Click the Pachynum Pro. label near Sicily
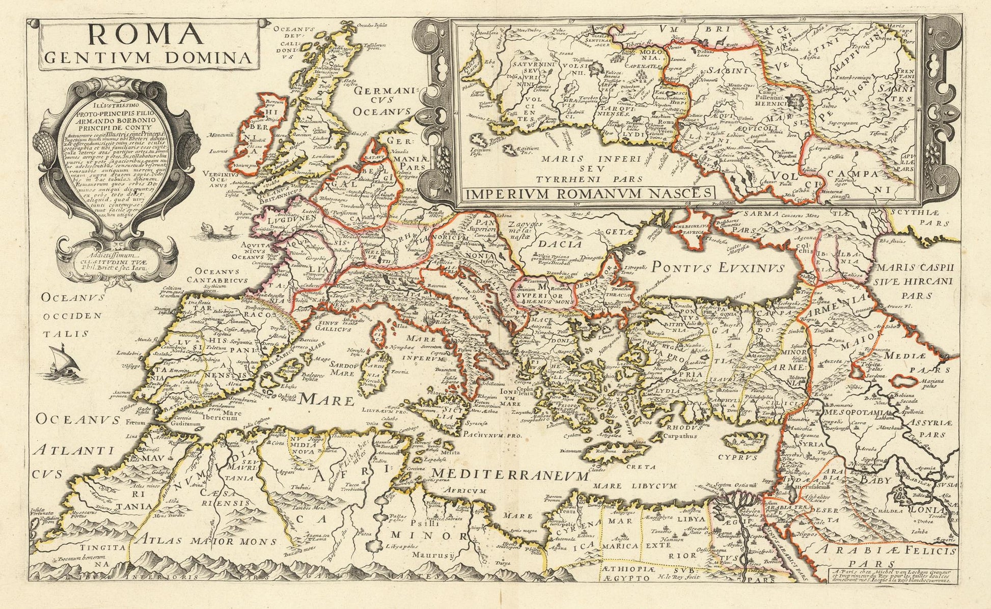click(493, 436)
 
